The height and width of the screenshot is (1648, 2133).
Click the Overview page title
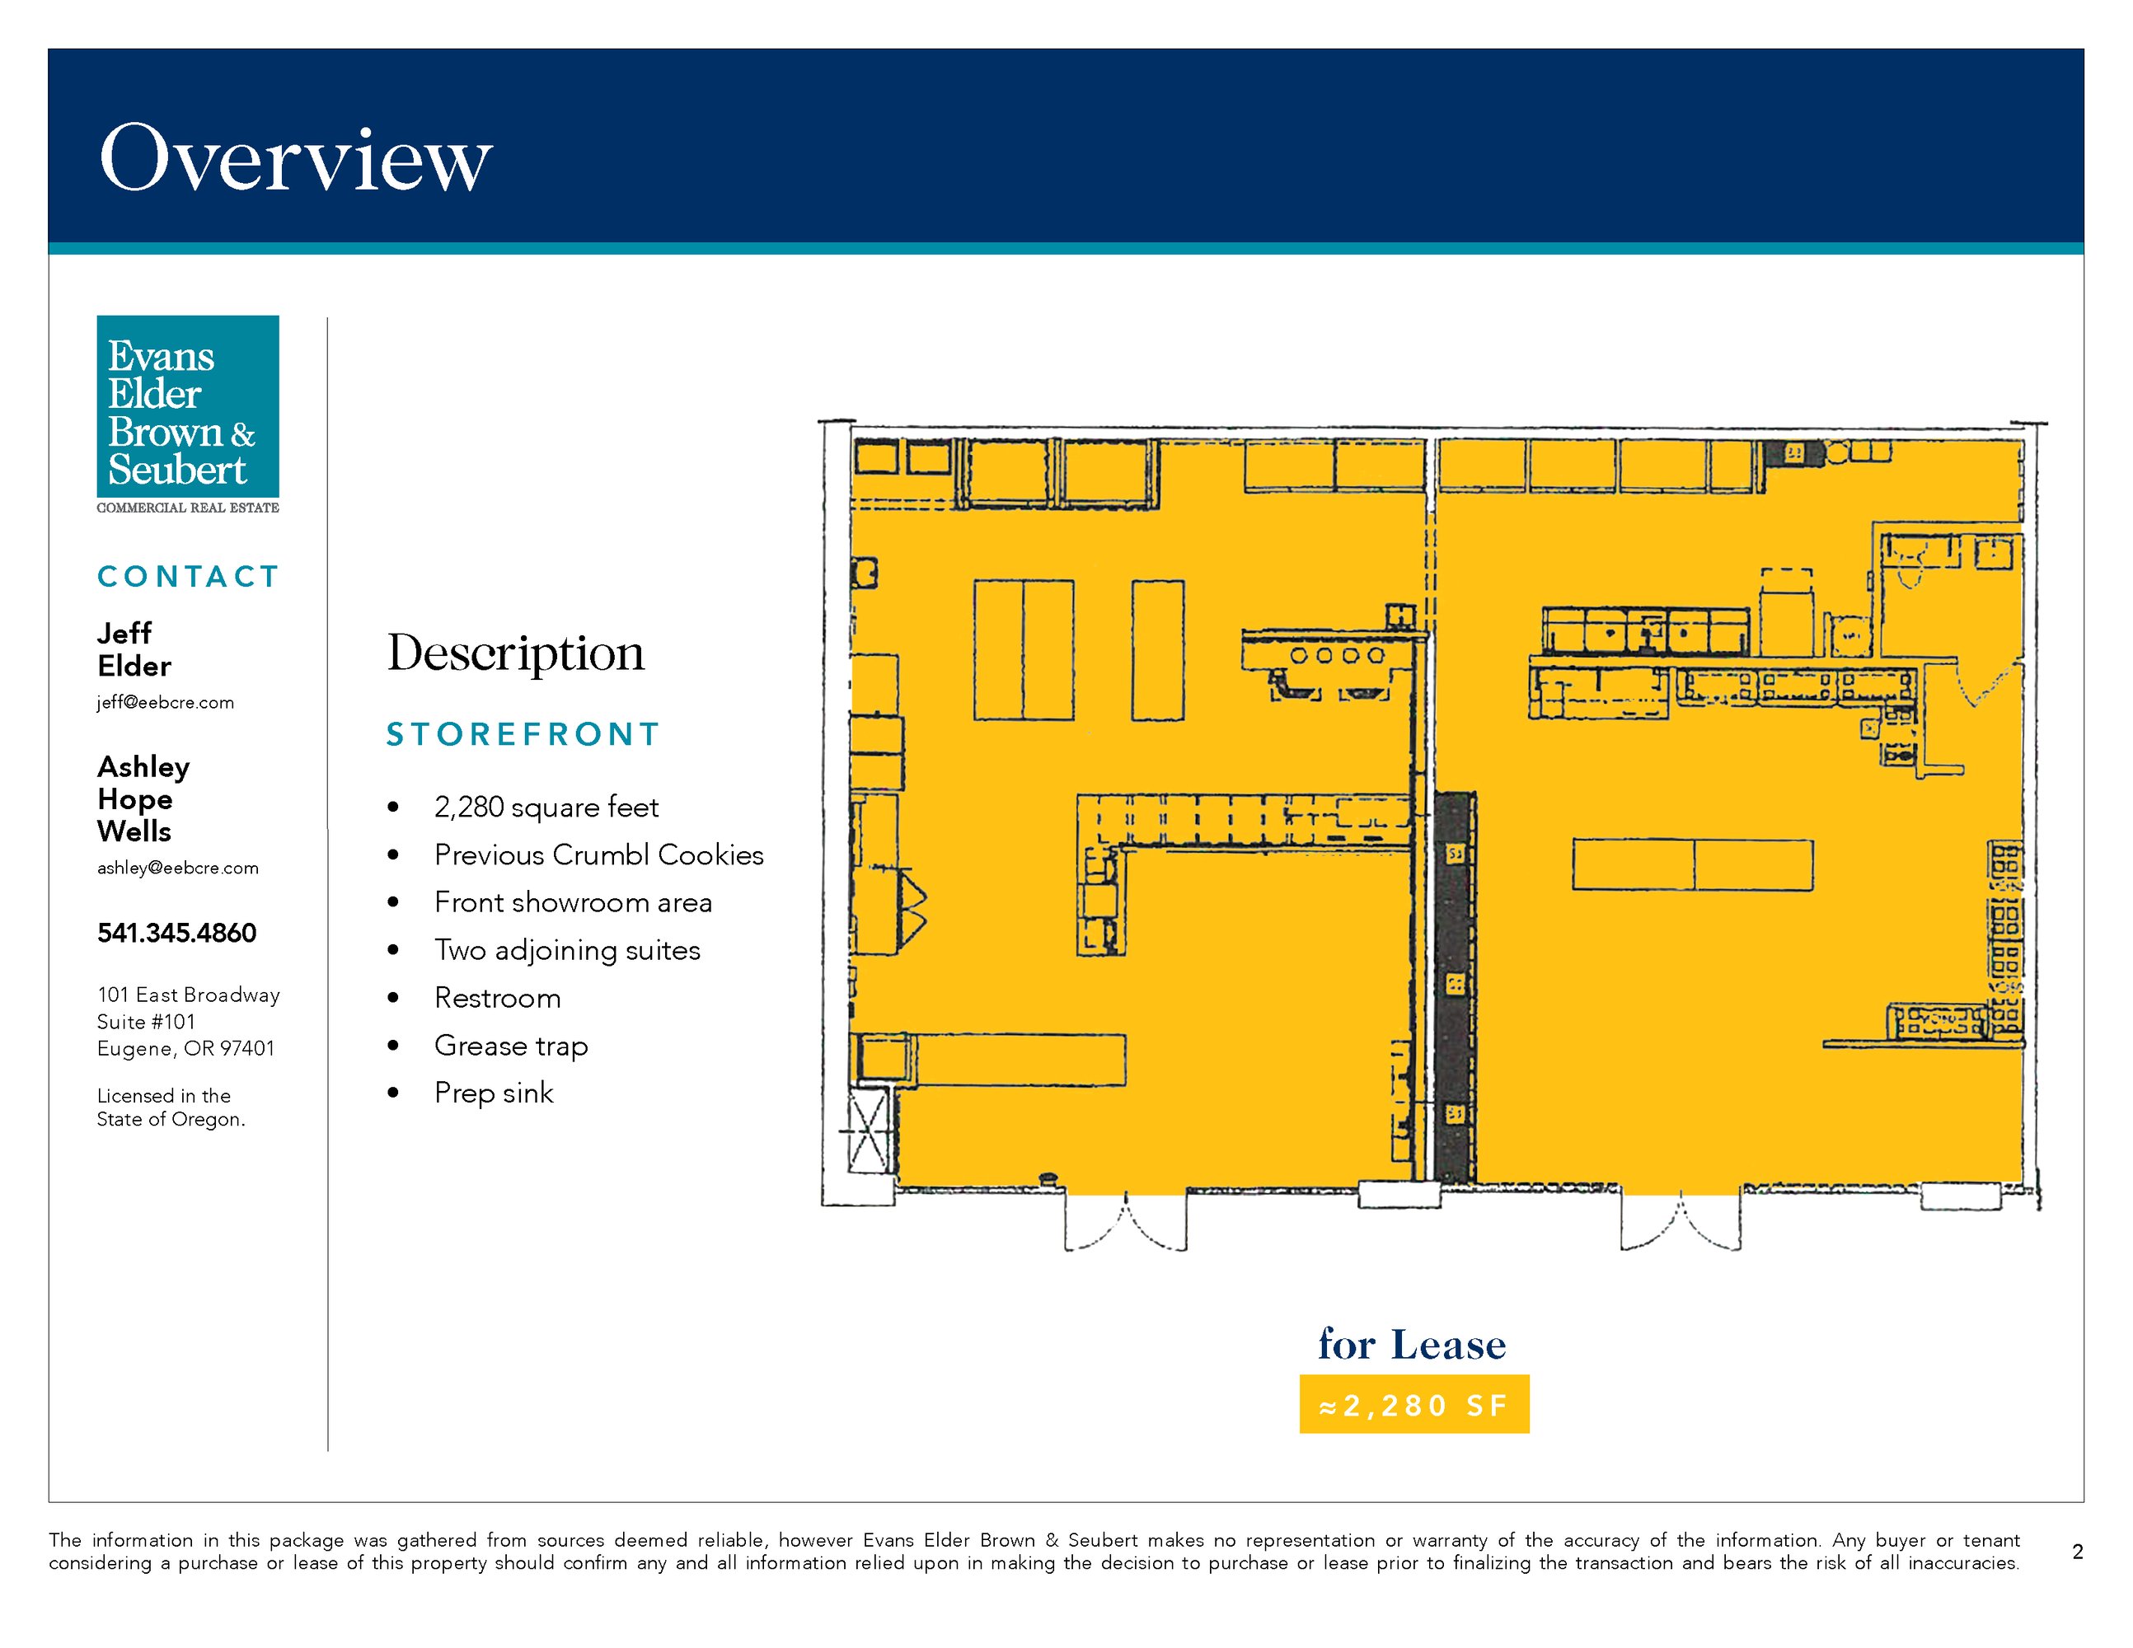click(296, 158)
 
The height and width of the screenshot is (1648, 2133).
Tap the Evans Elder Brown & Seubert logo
click(188, 414)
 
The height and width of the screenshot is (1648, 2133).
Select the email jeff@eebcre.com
click(165, 703)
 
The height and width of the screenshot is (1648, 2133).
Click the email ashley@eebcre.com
click(178, 868)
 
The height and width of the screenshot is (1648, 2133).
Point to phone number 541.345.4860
click(176, 934)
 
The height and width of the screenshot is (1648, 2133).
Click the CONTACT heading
click(189, 577)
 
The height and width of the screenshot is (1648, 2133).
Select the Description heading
click(516, 654)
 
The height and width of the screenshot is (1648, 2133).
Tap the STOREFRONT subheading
click(523, 734)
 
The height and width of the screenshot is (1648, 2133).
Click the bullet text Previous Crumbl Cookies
click(598, 855)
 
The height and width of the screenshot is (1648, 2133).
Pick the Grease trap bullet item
click(511, 1046)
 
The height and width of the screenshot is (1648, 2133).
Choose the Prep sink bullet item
click(493, 1093)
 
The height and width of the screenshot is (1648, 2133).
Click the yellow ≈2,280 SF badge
click(1414, 1404)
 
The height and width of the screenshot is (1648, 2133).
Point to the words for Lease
click(1412, 1345)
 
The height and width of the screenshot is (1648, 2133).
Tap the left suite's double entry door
click(1126, 1220)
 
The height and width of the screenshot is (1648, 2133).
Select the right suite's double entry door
click(1681, 1220)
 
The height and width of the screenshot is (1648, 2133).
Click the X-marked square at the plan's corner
click(868, 1131)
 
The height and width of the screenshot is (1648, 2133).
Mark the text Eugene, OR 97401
click(185, 1049)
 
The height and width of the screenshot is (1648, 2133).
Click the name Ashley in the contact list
click(143, 767)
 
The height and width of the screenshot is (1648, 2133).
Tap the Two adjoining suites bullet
click(567, 951)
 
